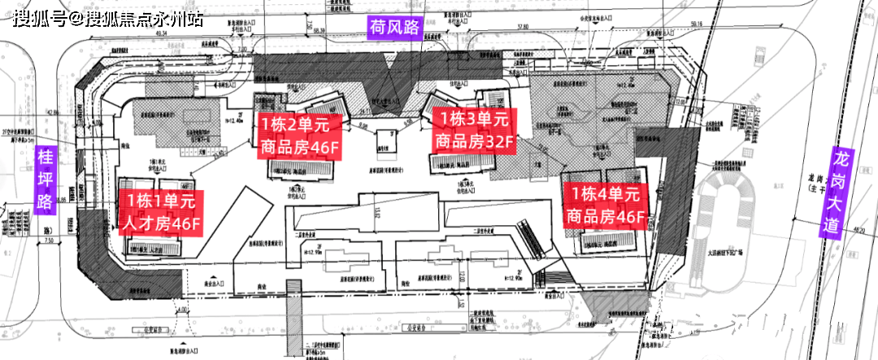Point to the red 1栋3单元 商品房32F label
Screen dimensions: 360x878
click(472, 129)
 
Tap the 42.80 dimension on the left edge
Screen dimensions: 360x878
click(54, 113)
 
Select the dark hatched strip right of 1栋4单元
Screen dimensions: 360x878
click(674, 195)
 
